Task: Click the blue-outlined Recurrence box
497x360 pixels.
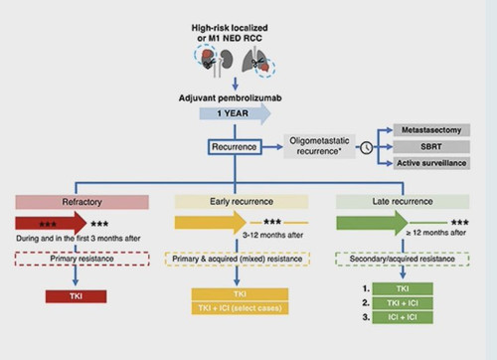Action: tap(235, 147)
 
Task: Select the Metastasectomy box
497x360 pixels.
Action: tap(431, 130)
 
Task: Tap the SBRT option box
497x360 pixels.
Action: tap(431, 146)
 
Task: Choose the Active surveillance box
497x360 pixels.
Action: tap(431, 163)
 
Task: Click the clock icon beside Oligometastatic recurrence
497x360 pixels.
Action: tap(367, 148)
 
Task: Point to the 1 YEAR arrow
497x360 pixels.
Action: tap(235, 113)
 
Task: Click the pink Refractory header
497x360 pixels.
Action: tap(82, 202)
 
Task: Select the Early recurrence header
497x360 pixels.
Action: tap(242, 202)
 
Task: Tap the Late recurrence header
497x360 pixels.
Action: tap(403, 202)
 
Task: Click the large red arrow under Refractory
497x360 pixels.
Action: tap(51, 224)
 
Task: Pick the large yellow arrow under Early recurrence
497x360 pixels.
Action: tap(211, 223)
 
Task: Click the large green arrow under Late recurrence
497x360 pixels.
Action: tap(372, 223)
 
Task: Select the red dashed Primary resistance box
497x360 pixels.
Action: tap(83, 259)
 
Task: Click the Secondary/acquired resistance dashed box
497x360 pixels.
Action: tap(403, 259)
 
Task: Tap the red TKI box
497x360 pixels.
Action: tap(76, 296)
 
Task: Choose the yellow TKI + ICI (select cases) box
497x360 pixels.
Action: tap(240, 308)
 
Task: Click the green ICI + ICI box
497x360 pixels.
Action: tap(403, 317)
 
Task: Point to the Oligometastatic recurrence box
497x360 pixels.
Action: tap(319, 146)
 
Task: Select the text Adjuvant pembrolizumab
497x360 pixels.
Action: tap(231, 98)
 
